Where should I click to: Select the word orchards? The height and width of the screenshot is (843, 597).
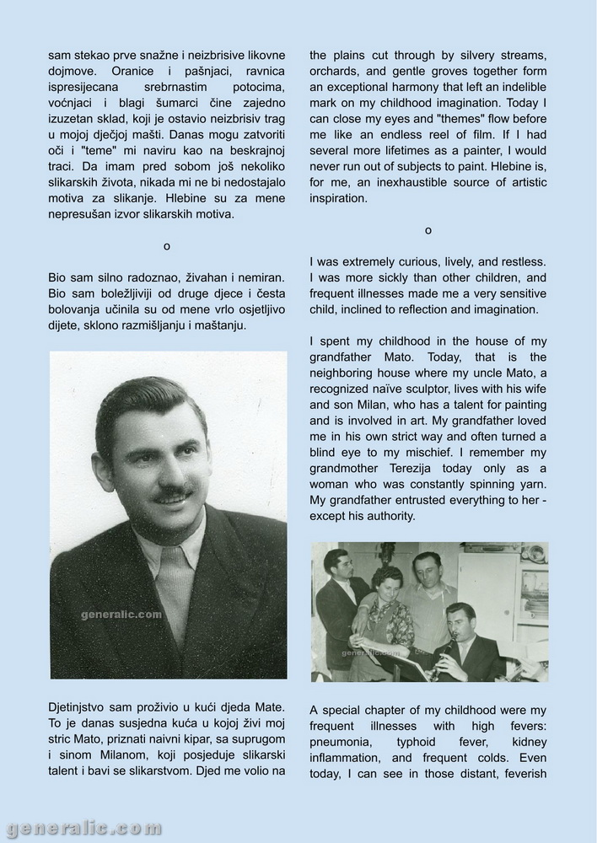(x=336, y=70)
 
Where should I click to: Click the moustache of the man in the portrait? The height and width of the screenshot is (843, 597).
(x=174, y=491)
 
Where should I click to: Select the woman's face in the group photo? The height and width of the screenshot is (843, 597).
(x=389, y=583)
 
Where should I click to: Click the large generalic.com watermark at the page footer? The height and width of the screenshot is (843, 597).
(x=82, y=828)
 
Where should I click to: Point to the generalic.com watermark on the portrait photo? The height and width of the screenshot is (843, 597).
(x=121, y=615)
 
